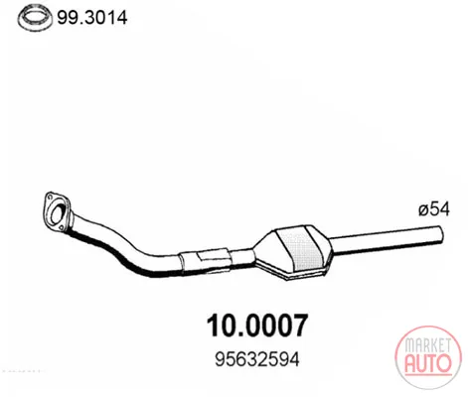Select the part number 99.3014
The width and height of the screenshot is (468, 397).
[x=92, y=18]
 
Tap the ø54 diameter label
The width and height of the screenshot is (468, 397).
[x=434, y=209]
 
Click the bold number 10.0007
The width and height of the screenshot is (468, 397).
[x=257, y=326]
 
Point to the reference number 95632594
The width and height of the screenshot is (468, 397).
[x=257, y=359]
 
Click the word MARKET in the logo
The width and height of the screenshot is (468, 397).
[x=428, y=345]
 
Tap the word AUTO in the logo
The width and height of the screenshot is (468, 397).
[x=428, y=363]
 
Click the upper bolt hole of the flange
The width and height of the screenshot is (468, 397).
[x=51, y=198]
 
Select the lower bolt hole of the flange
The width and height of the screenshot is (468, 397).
[x=61, y=227]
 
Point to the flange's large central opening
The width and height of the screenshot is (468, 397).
[x=58, y=213]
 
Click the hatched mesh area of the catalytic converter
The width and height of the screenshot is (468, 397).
[x=302, y=250]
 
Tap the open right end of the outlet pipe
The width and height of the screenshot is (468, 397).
[x=440, y=233]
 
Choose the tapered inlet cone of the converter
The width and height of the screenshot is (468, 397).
[x=265, y=251]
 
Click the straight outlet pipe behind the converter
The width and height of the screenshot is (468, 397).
[x=386, y=241]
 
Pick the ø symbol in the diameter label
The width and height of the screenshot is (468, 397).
[x=423, y=210]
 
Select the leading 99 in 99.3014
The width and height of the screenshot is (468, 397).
[x=69, y=18]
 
